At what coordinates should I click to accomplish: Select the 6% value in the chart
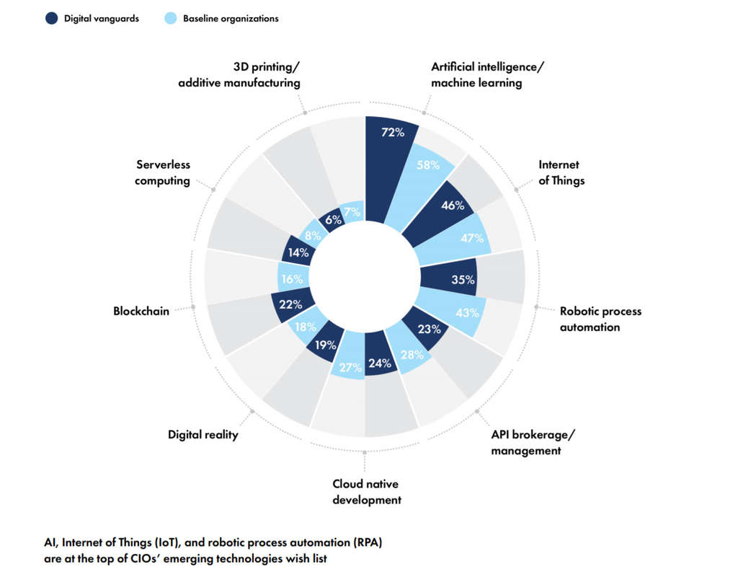tap(333, 220)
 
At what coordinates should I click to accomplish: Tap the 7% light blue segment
tap(352, 212)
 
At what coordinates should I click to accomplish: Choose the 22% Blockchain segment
tap(290, 304)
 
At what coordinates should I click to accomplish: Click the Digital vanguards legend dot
tap(51, 18)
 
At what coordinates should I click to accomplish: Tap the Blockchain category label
tap(141, 311)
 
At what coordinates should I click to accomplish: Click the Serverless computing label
tap(163, 172)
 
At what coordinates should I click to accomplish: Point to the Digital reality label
tap(203, 434)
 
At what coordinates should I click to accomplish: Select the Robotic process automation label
tap(600, 319)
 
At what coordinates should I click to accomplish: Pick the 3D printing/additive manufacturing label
tap(239, 74)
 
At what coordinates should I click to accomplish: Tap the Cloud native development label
tap(366, 491)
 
